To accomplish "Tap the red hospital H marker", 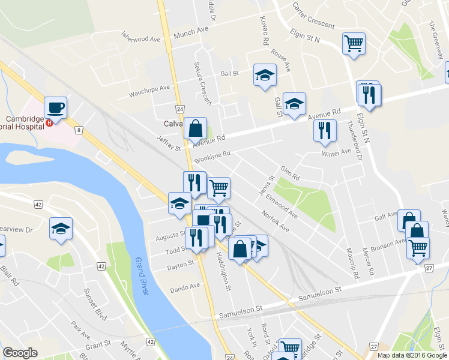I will click(49, 122).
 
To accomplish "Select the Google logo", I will click(20, 353).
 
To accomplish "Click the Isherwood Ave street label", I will click(142, 37).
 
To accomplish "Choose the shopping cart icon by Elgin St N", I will click(354, 43).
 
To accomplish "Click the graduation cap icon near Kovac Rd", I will click(264, 74).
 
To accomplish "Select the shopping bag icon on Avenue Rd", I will click(195, 128).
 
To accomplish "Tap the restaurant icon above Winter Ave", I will click(325, 131).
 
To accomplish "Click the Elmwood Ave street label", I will click(282, 205).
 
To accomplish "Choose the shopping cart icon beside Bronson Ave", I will click(418, 247).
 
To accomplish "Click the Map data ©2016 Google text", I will click(412, 355).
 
